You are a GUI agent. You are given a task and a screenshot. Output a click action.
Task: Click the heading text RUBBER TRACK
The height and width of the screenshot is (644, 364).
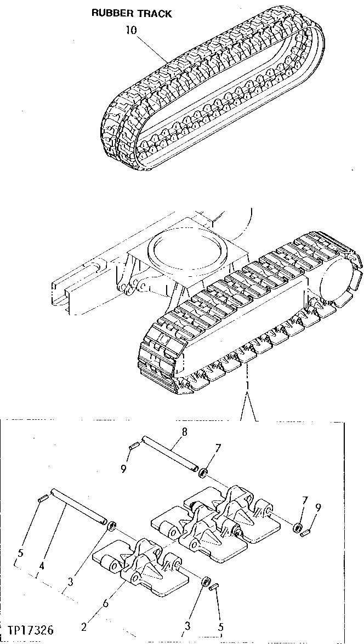click(131, 14)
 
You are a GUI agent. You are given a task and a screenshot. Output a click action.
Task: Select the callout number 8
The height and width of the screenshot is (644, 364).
click(184, 431)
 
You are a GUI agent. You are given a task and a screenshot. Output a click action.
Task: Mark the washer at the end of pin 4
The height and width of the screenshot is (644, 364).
click(111, 527)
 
